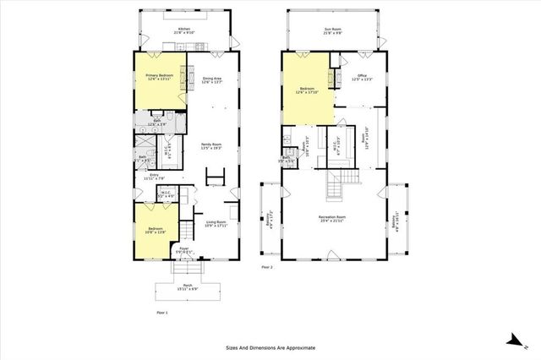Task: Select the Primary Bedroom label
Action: (148, 77)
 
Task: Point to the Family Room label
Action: (210, 145)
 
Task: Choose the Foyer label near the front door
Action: (183, 250)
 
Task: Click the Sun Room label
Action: (331, 31)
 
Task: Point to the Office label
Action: (361, 77)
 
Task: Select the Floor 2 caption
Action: (267, 267)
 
